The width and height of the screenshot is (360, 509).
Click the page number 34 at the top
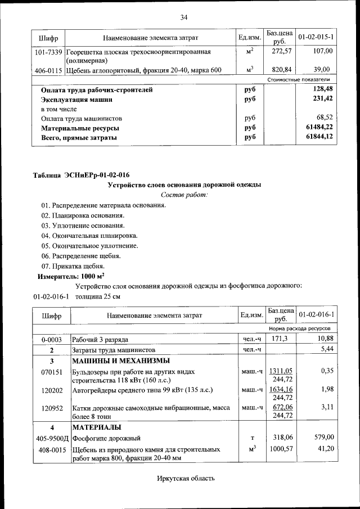pyautogui.click(x=183, y=17)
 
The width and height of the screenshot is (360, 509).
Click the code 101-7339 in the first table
pyautogui.click(x=48, y=52)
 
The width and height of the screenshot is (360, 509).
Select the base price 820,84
pyautogui.click(x=278, y=70)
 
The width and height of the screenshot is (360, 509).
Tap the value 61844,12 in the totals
pyautogui.click(x=319, y=137)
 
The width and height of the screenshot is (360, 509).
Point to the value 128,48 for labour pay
pyautogui.click(x=321, y=89)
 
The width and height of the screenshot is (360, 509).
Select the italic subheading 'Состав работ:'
pyautogui.click(x=184, y=195)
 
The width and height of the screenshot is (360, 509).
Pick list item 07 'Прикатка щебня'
pyautogui.click(x=73, y=266)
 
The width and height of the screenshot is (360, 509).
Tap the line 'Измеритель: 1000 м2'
pyautogui.click(x=71, y=276)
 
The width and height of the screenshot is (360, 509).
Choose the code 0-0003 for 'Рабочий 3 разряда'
pyautogui.click(x=51, y=340)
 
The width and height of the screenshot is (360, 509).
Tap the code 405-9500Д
pyautogui.click(x=52, y=438)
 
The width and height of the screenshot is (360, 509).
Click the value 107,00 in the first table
pyautogui.click(x=322, y=52)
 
